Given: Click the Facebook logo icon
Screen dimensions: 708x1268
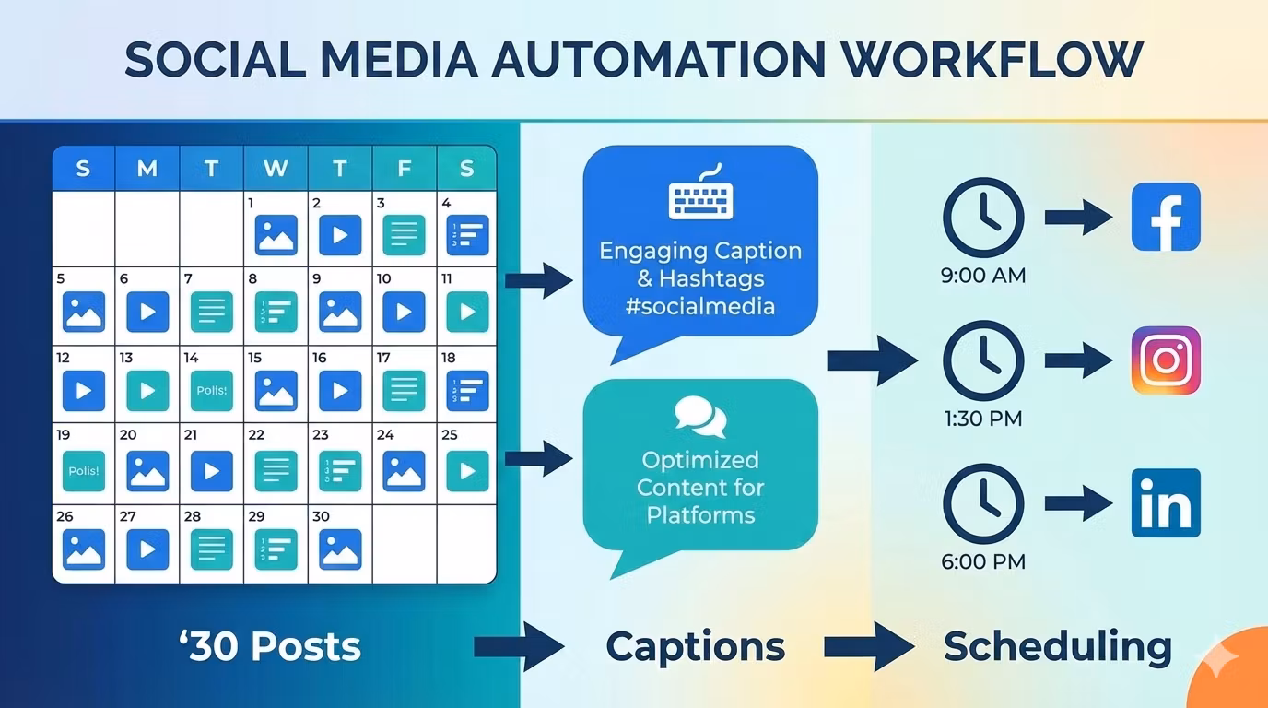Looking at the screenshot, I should [1166, 217].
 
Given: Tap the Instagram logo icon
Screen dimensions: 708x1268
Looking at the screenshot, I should [1166, 360].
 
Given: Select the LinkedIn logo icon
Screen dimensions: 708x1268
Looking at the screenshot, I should [1166, 503].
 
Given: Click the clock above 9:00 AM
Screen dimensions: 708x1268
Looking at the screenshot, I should [983, 218].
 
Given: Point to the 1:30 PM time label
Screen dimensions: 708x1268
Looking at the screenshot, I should [983, 419].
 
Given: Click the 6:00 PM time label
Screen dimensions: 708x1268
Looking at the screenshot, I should [983, 561].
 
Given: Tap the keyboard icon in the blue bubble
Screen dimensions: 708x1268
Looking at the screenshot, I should [700, 195].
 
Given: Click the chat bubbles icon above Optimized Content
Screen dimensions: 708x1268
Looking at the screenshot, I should [700, 417].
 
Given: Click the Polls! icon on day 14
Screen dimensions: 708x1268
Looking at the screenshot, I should [212, 391].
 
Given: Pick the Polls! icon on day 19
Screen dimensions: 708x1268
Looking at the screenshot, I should [84, 470].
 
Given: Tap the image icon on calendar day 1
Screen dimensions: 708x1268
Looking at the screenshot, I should [276, 235].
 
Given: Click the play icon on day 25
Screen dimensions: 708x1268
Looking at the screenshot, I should [467, 470].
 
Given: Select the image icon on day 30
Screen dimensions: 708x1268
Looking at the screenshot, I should [340, 549].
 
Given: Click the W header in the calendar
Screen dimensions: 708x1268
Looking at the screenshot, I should [276, 169].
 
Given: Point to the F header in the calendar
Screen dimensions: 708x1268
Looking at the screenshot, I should [404, 169].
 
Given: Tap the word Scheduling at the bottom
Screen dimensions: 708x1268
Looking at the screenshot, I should [1057, 646].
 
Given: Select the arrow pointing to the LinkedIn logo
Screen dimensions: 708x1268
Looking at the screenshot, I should [1078, 503].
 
